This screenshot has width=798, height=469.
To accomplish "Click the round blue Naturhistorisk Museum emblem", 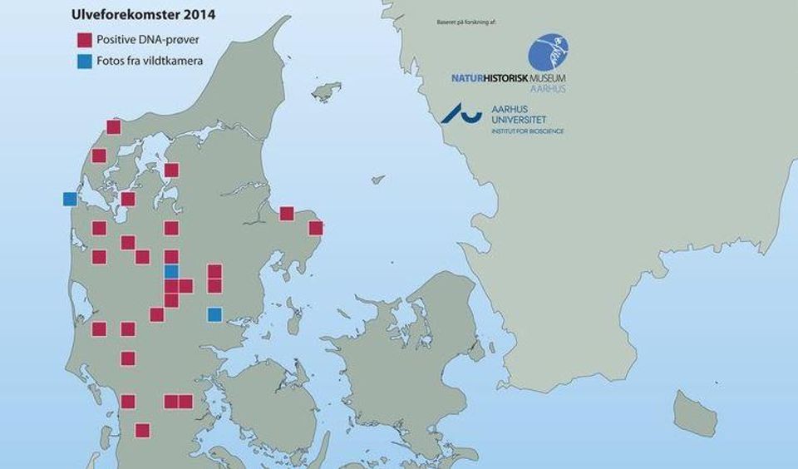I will point(549,52).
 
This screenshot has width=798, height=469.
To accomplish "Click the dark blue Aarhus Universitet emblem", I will point(461,112).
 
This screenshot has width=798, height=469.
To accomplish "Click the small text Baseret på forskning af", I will point(466,19).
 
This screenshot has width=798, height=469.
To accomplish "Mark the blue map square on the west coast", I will point(70,199).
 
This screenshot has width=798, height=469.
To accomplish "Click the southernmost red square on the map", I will point(142,430).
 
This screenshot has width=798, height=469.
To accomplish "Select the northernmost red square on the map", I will point(114,127).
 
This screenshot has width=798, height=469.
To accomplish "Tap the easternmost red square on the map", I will point(315,228).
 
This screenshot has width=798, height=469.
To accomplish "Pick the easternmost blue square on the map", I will point(214,314).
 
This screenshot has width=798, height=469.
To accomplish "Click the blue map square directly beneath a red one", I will point(171,271).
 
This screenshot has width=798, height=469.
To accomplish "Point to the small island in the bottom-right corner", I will point(694,412).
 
